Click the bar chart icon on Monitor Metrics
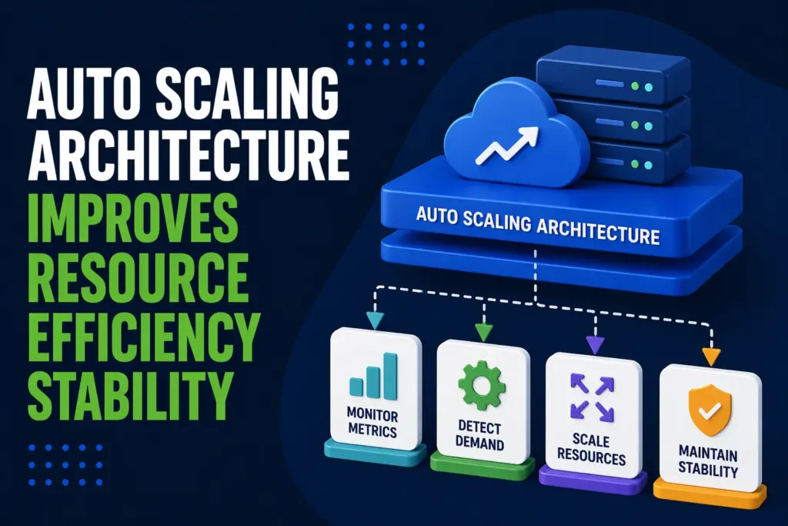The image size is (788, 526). click(x=372, y=377)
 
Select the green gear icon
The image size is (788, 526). click(x=482, y=385)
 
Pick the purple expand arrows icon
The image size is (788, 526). click(x=593, y=397)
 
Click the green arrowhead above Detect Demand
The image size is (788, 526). click(x=482, y=332)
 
